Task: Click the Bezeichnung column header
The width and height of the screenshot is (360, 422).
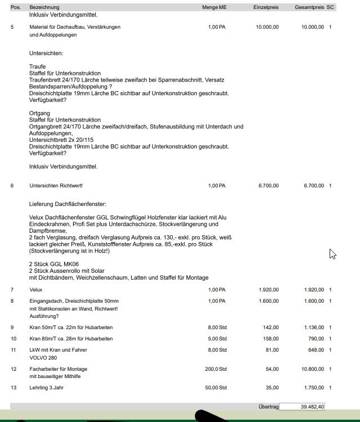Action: (44, 7)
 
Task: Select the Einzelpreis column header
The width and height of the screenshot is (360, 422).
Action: (265, 7)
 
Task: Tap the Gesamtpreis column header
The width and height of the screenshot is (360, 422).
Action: (309, 7)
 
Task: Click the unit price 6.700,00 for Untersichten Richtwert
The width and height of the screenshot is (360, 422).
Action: (268, 186)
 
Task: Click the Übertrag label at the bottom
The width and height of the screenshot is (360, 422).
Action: (268, 407)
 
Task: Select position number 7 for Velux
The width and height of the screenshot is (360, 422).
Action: (12, 290)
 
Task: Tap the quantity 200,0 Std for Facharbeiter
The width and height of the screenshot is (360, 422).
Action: (215, 369)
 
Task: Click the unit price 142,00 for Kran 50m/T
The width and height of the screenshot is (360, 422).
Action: (271, 327)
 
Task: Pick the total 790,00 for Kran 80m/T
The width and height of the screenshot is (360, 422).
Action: (315, 339)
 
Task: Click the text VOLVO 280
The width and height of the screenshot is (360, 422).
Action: (43, 358)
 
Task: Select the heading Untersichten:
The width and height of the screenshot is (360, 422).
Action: (46, 53)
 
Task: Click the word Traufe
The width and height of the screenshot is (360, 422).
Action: (38, 66)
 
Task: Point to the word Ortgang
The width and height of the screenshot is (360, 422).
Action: (39, 113)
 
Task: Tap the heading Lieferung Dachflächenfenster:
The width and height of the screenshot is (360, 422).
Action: (67, 204)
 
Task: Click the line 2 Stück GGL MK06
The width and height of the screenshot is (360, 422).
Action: (54, 264)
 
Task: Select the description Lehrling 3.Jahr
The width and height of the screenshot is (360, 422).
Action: (47, 388)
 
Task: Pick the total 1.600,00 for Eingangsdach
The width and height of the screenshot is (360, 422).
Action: (313, 301)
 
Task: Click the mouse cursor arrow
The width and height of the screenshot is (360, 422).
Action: (332, 254)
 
